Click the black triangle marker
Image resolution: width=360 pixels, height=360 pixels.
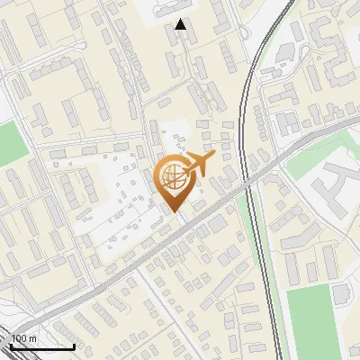click(182, 25)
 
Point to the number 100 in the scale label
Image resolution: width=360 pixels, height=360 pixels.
click(19, 338)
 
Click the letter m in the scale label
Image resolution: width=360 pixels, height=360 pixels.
click(33, 338)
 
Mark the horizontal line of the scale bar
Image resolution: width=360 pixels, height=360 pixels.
click(41, 346)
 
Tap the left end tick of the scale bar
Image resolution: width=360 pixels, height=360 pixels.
click(10, 345)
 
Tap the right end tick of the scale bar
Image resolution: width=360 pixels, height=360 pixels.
click(74, 345)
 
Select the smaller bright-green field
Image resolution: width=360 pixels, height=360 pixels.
click(12, 144)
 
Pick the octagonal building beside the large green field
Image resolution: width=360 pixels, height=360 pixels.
click(341, 292)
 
